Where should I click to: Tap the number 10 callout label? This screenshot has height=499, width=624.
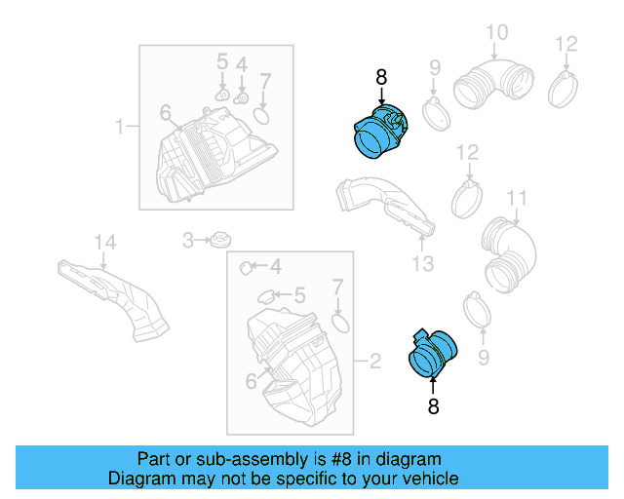click(x=496, y=33)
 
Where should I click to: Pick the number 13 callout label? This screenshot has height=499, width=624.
click(x=421, y=264)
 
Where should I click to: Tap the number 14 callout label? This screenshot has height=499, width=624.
click(x=104, y=241)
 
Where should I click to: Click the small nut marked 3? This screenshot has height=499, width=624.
click(x=220, y=239)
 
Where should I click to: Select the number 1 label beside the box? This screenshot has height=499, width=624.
click(x=121, y=127)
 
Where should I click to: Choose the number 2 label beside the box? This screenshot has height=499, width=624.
click(x=373, y=364)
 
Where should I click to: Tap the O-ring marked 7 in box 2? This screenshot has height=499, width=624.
click(x=339, y=322)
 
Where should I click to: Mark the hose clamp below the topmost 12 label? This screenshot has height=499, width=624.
click(x=566, y=86)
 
